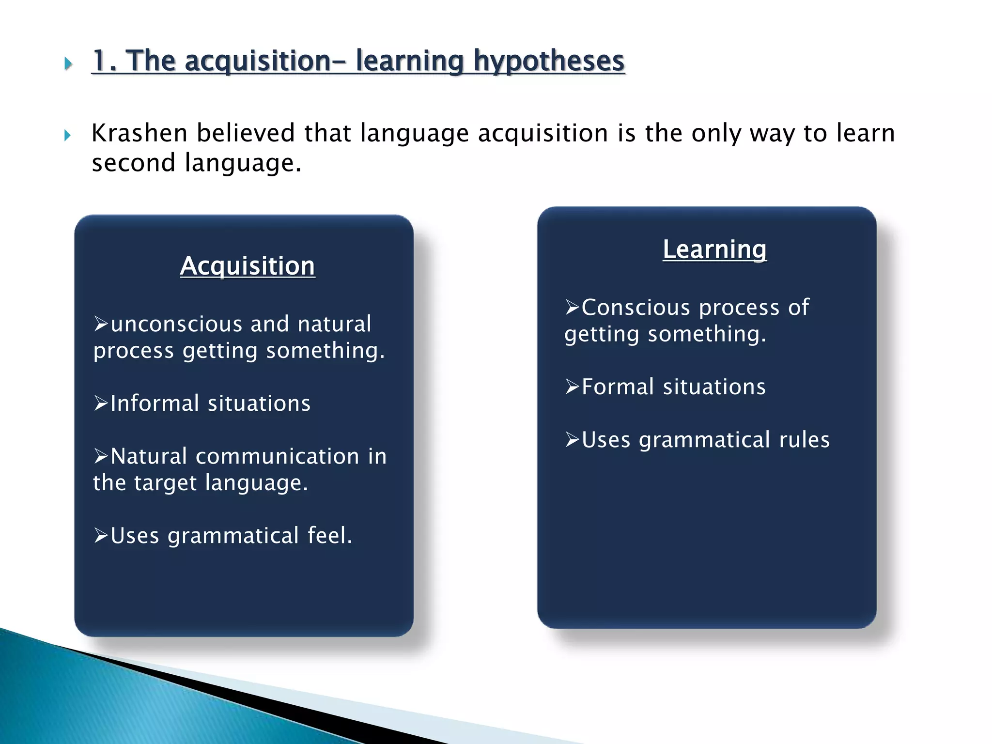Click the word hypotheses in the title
(549, 62)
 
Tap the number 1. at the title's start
(104, 62)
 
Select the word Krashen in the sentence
(139, 133)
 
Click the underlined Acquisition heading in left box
(248, 266)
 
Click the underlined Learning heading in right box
(714, 249)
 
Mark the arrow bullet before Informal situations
(101, 403)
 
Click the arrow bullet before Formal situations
(572, 387)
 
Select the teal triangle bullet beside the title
(68, 63)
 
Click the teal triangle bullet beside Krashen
(67, 136)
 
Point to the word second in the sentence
(133, 163)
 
